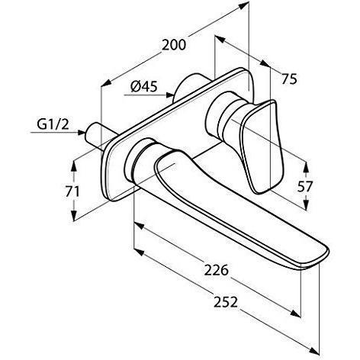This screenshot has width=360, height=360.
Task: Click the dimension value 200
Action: coord(175,45)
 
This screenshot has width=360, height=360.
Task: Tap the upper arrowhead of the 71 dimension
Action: coord(76,163)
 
